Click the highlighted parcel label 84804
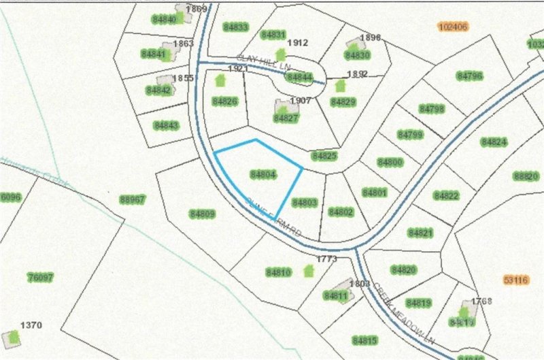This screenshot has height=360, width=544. click(262, 174)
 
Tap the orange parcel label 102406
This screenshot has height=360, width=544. click(454, 27)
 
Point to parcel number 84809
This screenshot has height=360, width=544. click(202, 214)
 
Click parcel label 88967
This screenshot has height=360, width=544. click(133, 199)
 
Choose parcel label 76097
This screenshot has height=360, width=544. click(40, 277)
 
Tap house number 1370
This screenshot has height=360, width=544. click(31, 325)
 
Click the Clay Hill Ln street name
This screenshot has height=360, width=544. click(264, 61)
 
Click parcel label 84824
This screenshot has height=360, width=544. click(494, 142)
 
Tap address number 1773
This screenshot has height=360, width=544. click(327, 259)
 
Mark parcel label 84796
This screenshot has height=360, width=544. click(470, 76)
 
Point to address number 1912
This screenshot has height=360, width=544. click(298, 43)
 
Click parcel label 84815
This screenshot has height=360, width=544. click(364, 340)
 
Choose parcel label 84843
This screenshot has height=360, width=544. click(165, 125)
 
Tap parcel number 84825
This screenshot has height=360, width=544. click(324, 156)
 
